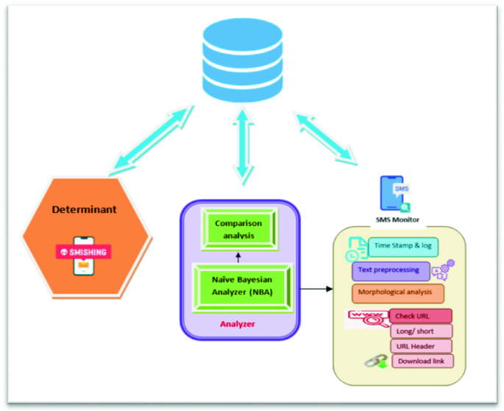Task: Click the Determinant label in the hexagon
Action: [84, 210]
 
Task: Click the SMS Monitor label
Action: [399, 220]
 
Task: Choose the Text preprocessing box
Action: [390, 270]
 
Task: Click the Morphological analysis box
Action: [398, 293]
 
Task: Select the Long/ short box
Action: [420, 331]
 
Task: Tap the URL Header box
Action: [420, 346]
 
